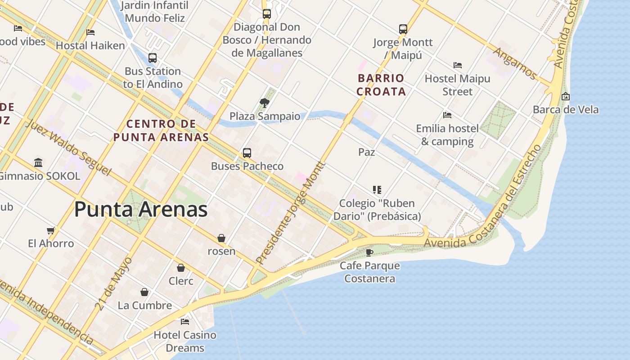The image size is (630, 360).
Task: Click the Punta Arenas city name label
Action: coord(140,210)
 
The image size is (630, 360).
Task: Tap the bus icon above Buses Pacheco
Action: coord(247,153)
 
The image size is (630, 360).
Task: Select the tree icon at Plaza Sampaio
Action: coord(265,103)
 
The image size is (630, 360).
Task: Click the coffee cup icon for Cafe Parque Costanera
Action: coord(369,252)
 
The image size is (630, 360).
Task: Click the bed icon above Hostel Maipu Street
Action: coord(458,65)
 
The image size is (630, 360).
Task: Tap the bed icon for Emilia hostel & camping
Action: coord(447,115)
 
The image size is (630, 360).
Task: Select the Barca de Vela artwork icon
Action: coord(566,96)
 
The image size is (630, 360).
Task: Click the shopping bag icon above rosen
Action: coord(221,238)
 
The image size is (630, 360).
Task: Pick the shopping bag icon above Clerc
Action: coord(181,268)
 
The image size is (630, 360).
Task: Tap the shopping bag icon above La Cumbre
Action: coord(144,292)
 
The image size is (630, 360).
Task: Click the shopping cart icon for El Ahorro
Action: coord(51,230)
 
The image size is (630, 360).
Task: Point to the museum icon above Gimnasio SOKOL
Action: coord(38,162)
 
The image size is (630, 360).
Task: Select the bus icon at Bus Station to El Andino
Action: coord(153,58)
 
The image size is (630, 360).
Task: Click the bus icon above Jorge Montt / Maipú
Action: coord(403,29)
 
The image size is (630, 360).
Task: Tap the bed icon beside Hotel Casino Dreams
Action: coord(185,322)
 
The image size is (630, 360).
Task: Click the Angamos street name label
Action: coord(515,63)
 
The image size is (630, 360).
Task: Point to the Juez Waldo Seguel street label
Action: coord(67,147)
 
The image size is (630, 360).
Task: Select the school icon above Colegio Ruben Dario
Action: coord(377,190)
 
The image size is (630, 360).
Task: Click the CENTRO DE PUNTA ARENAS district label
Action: coord(161,130)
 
